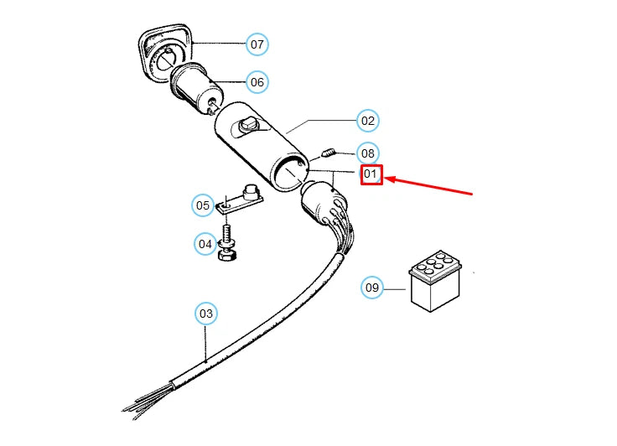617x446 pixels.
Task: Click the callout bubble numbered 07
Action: (257, 43)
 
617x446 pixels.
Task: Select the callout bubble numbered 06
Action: (257, 81)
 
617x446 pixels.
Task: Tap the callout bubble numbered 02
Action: (367, 121)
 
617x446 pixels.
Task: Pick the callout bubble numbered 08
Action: (367, 153)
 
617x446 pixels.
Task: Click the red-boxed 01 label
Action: (371, 175)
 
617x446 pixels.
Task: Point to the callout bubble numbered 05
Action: (203, 205)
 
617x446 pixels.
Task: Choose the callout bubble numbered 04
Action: (205, 244)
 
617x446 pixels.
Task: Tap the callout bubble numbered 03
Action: (205, 314)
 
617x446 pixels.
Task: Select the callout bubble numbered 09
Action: (372, 288)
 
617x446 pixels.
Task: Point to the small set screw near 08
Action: (329, 153)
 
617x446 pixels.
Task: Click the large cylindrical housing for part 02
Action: (260, 143)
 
